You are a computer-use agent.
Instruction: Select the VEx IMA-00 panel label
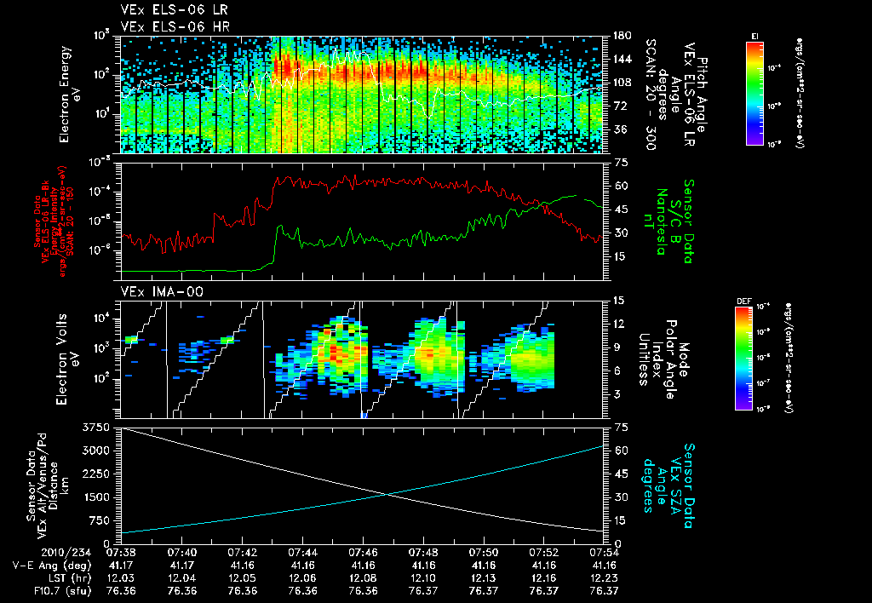(153, 291)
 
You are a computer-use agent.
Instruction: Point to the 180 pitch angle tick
(620, 36)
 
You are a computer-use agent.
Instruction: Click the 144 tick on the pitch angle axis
(620, 60)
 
